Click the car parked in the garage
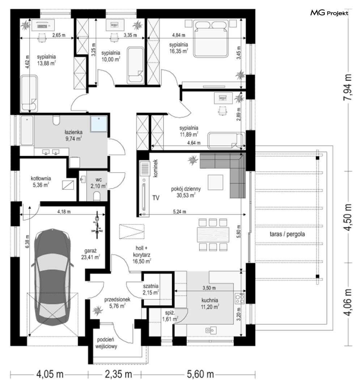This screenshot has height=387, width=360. tap(52, 277)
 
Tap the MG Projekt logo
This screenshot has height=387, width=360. tap(329, 13)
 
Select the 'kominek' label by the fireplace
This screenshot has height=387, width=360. tap(155, 168)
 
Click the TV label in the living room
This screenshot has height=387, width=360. tap(156, 198)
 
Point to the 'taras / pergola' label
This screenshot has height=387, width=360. tap(287, 234)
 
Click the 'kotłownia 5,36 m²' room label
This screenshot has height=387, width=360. tap(41, 181)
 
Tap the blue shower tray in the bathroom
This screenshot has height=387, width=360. tap(99, 124)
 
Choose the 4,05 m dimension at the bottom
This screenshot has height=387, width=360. tap(50, 374)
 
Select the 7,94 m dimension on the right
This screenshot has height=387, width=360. tap(347, 87)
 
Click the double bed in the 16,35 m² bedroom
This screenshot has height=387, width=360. tap(211, 39)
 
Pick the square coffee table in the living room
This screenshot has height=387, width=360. tap(215, 182)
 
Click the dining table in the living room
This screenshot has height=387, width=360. tap(213, 235)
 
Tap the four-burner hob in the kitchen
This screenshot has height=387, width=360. tap(240, 298)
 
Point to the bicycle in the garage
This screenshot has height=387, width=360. tap(98, 225)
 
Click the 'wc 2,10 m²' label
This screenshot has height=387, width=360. tap(99, 183)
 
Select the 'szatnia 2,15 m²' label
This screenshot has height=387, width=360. tap(151, 289)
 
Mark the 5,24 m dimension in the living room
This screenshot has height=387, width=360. tap(179, 211)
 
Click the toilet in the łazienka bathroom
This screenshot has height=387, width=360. tap(56, 120)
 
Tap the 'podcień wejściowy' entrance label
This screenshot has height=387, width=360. tap(106, 343)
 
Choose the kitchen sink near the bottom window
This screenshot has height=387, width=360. tap(211, 330)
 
